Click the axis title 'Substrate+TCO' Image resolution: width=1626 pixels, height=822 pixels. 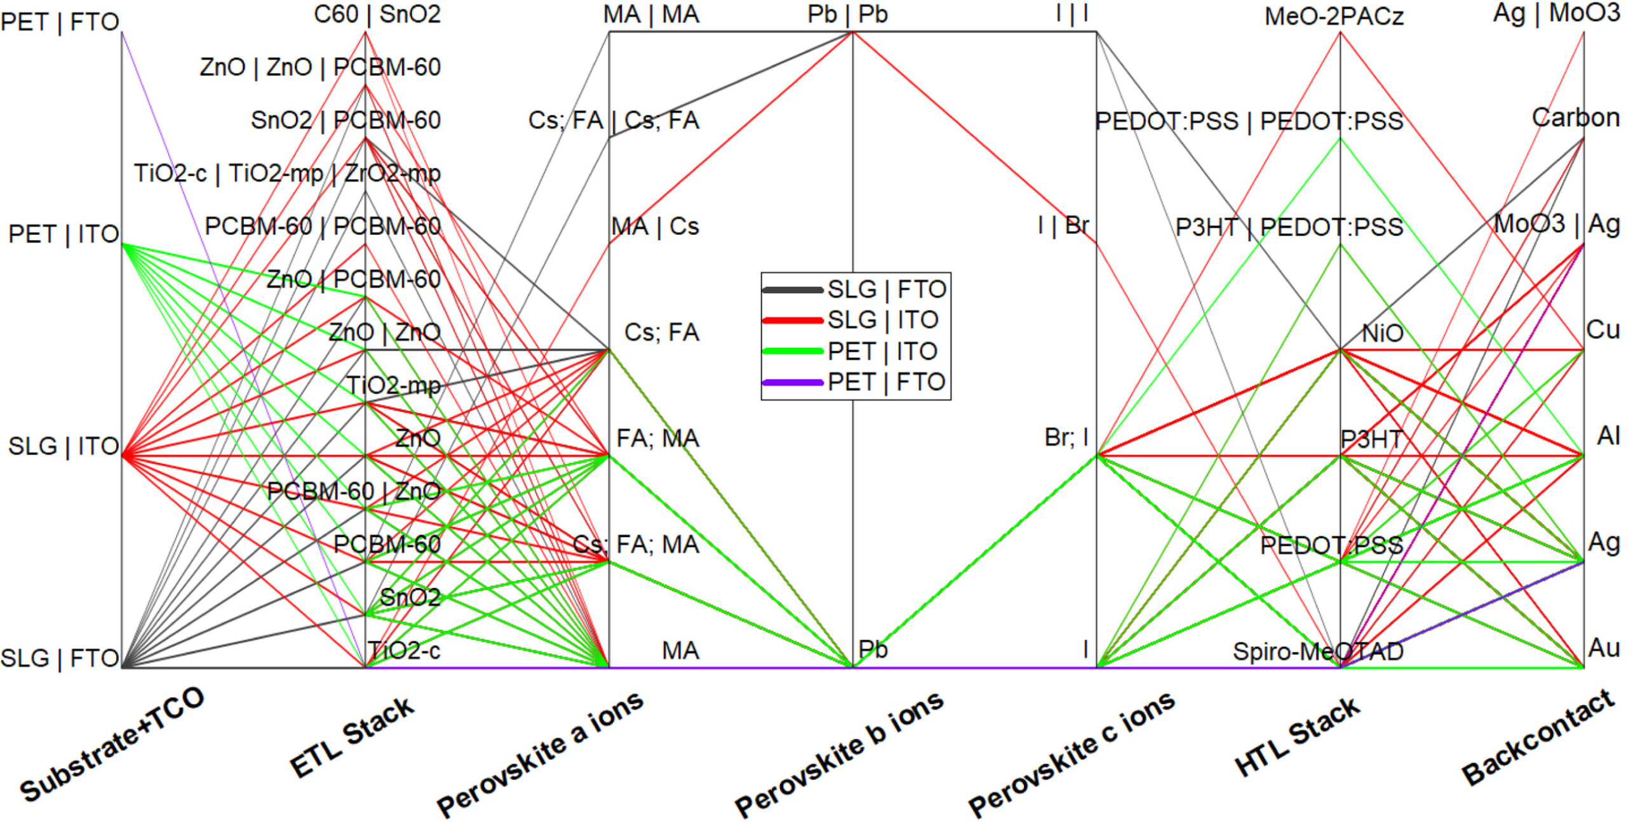click(x=112, y=744)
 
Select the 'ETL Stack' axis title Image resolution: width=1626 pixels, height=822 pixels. click(x=352, y=737)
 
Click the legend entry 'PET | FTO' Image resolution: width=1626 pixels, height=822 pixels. click(x=887, y=382)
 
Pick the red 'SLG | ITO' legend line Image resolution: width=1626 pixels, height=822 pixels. click(x=793, y=321)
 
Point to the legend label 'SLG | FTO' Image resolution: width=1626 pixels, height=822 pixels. click(x=887, y=289)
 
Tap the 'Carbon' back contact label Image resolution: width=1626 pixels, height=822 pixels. click(x=1575, y=117)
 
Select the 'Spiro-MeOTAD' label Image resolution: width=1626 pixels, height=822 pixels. click(x=1318, y=651)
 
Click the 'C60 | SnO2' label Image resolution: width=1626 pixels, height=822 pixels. click(x=377, y=14)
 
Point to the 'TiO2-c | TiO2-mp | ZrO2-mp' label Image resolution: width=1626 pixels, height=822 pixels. click(x=287, y=173)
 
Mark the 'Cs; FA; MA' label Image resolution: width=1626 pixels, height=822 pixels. click(x=636, y=545)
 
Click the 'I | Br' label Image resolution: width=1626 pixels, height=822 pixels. click(x=1063, y=225)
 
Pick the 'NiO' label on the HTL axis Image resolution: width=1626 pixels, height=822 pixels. click(x=1382, y=333)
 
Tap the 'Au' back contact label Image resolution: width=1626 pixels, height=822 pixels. click(x=1604, y=648)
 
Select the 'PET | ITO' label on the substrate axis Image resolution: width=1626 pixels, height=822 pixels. click(x=64, y=234)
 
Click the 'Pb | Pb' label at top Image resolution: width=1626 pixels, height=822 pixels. click(x=847, y=14)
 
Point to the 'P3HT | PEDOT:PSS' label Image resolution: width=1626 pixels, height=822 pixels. click(x=1289, y=227)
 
